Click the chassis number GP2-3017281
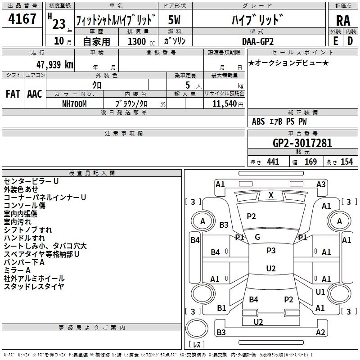tap(302, 144)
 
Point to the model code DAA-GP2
tap(257, 41)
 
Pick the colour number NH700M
tap(74, 103)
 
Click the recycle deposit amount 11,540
tap(221, 103)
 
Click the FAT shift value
tap(13, 94)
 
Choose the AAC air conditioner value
tap(34, 94)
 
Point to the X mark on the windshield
tap(271, 195)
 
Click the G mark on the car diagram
tap(257, 237)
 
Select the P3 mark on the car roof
tap(271, 251)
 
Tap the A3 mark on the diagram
tap(321, 184)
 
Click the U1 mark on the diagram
tap(320, 292)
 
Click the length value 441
tap(273, 162)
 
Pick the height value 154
tap(346, 162)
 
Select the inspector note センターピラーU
tap(31, 181)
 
